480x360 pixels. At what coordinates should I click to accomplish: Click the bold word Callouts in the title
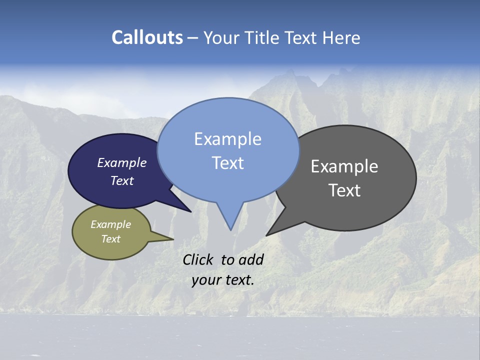pos(147,37)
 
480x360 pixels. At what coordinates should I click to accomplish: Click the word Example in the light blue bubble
pos(227,139)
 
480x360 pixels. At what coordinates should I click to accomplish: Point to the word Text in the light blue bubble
pos(227,163)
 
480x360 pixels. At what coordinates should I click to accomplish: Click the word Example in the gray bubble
pos(344,166)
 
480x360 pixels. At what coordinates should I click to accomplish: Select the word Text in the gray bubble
pos(344,190)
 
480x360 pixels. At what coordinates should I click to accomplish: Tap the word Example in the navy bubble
pos(122,163)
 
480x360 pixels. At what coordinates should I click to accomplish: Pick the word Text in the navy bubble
pos(122,180)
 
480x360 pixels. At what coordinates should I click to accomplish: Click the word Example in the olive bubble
pos(110,225)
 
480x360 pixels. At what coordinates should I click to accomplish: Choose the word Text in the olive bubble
pos(110,239)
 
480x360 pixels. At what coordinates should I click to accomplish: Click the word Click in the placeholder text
pos(198,259)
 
